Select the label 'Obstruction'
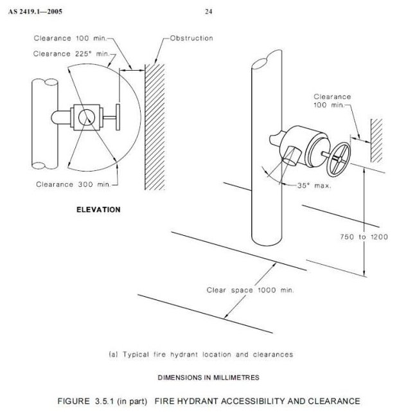(x=191, y=38)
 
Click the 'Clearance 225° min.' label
(x=71, y=54)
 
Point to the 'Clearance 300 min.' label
(x=73, y=184)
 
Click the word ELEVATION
(x=98, y=209)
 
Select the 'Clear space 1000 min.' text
(x=250, y=290)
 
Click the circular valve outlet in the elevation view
(x=84, y=117)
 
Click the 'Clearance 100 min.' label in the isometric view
(x=332, y=100)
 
